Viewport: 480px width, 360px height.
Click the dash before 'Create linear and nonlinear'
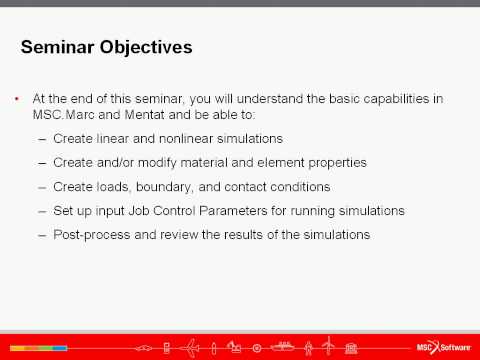[x=42, y=137]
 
